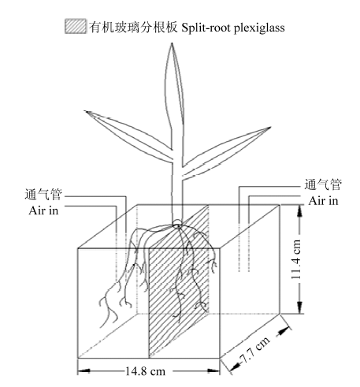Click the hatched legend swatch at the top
tap(76, 26)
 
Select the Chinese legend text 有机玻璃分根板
tap(133, 27)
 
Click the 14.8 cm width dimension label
tap(145, 371)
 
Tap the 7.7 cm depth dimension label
tap(254, 349)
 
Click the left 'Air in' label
tap(43, 210)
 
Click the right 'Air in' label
tap(323, 201)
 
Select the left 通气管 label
tap(43, 195)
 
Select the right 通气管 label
tap(323, 184)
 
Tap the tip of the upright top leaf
tap(172, 43)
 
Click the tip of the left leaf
tap(85, 111)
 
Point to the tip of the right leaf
tap(270, 128)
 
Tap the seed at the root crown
tap(177, 223)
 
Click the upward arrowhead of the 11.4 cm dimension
tap(299, 211)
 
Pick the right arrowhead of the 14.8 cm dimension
tap(213, 371)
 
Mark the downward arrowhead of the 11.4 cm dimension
tap(299, 307)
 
